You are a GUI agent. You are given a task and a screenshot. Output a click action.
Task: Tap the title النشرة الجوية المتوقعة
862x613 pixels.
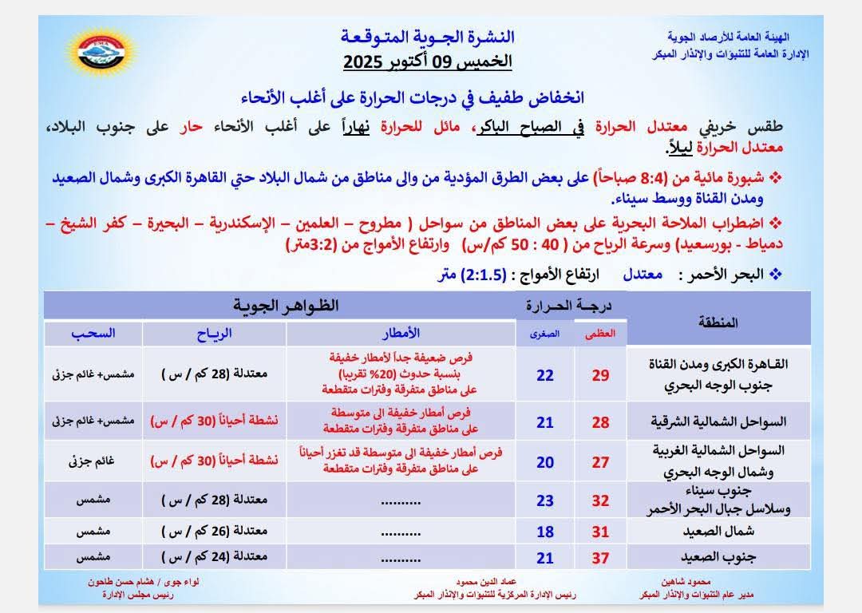[428, 37]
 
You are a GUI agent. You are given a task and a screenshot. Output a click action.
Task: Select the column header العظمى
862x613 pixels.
[600, 334]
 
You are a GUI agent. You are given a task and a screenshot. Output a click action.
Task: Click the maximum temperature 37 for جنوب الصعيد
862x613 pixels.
[600, 558]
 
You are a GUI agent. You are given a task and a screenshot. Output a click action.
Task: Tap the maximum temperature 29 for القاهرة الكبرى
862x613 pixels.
[600, 375]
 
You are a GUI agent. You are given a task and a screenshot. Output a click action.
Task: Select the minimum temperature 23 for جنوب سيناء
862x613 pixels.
[545, 501]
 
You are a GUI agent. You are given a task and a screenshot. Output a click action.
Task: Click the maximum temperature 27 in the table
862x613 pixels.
[600, 462]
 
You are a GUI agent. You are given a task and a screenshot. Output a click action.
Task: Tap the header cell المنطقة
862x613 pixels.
[718, 322]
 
